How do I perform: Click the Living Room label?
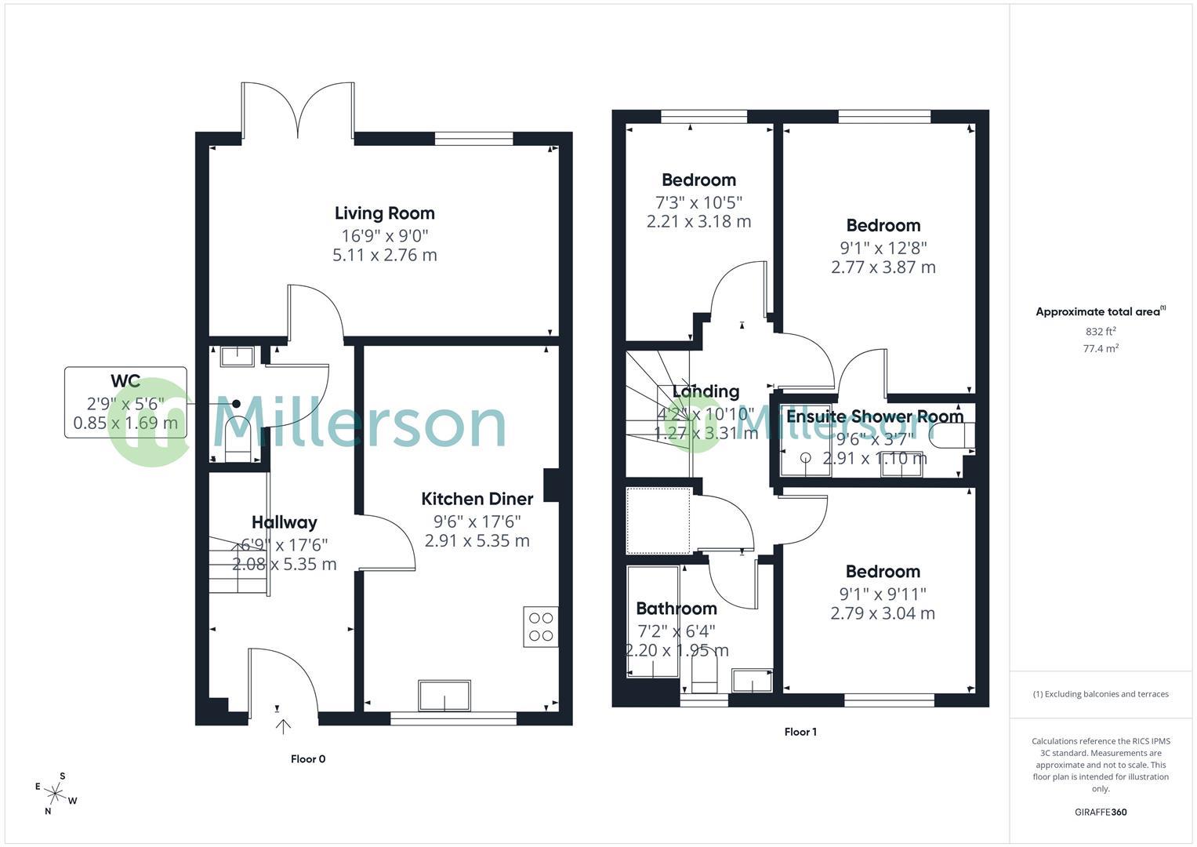tap(384, 213)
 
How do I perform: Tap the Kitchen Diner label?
tap(477, 499)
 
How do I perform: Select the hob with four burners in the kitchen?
tap(541, 627)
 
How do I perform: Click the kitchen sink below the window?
tap(444, 695)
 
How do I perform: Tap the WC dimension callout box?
tap(125, 402)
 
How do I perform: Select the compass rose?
tap(56, 794)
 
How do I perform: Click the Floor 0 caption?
tap(307, 758)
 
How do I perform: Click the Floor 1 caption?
tap(800, 732)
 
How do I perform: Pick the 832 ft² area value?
tap(1100, 332)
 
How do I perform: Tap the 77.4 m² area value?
tap(1100, 349)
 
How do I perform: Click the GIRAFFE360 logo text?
tap(1100, 812)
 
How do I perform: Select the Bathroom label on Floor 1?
tap(676, 609)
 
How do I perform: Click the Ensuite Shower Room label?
tap(875, 416)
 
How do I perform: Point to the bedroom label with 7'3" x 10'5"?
tap(698, 180)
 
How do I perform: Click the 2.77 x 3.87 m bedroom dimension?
tap(883, 267)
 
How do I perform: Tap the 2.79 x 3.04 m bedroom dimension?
tap(883, 613)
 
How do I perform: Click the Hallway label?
tap(284, 522)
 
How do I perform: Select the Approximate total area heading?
tap(1100, 311)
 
